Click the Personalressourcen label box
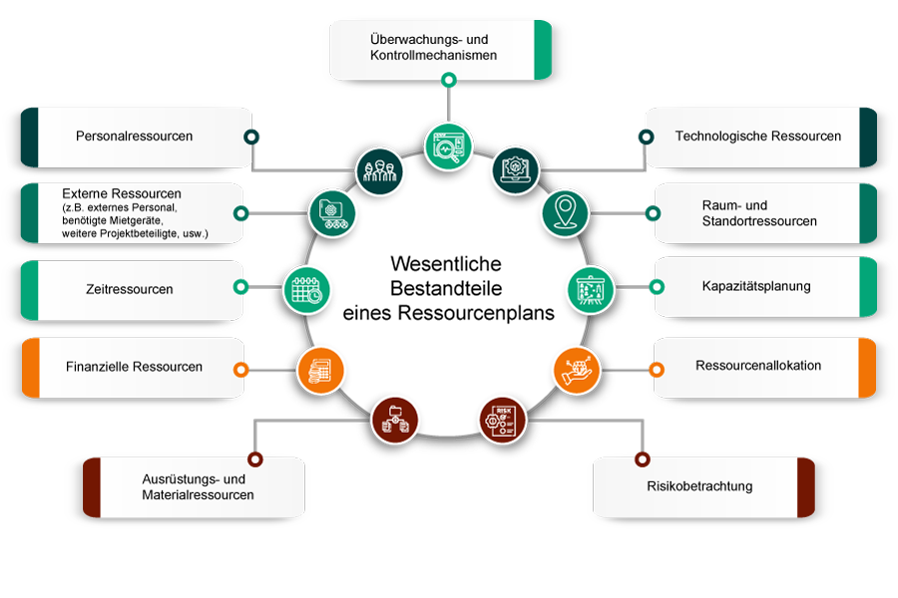coord(134,137)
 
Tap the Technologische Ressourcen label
coord(757,137)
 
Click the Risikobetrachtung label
coord(706,487)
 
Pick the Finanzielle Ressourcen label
coord(134,367)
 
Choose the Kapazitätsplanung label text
coord(755,286)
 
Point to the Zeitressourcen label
coord(130,289)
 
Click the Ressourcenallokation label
coord(758,366)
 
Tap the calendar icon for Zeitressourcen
coord(305,289)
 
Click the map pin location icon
coord(566,211)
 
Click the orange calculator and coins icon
coord(320,371)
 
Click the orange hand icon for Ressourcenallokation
coord(578,369)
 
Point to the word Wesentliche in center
coord(445,264)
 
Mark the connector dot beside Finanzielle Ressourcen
coord(240,369)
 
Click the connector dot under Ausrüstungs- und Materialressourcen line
coord(254,459)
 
